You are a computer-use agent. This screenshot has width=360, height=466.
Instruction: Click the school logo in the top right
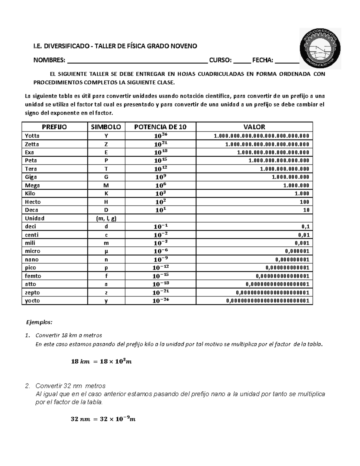point(320,48)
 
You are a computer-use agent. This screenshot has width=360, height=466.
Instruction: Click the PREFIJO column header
point(54,127)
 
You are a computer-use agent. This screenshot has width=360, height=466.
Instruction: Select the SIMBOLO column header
point(106,127)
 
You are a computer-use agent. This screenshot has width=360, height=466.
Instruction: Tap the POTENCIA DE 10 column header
point(160,127)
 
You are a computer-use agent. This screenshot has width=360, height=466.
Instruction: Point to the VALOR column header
point(254,127)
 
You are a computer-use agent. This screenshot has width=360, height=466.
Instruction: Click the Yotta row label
point(32,136)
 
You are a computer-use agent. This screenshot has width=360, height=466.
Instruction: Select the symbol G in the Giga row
point(106,177)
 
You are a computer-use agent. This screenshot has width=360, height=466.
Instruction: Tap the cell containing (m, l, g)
point(106,218)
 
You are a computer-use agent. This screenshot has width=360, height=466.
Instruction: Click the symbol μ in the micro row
point(106,251)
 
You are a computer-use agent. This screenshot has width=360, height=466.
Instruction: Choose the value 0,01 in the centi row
point(302,235)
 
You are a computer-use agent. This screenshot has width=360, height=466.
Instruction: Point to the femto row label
point(33,276)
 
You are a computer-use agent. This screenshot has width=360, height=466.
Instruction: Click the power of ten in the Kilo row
point(160,193)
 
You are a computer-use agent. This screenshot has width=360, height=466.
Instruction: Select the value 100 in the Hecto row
point(304,202)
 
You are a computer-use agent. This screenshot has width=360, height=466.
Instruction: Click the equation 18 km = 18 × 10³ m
point(101,361)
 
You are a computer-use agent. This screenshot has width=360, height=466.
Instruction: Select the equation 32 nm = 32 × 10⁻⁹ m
point(103,419)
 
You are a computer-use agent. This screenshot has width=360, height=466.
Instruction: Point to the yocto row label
point(32,301)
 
